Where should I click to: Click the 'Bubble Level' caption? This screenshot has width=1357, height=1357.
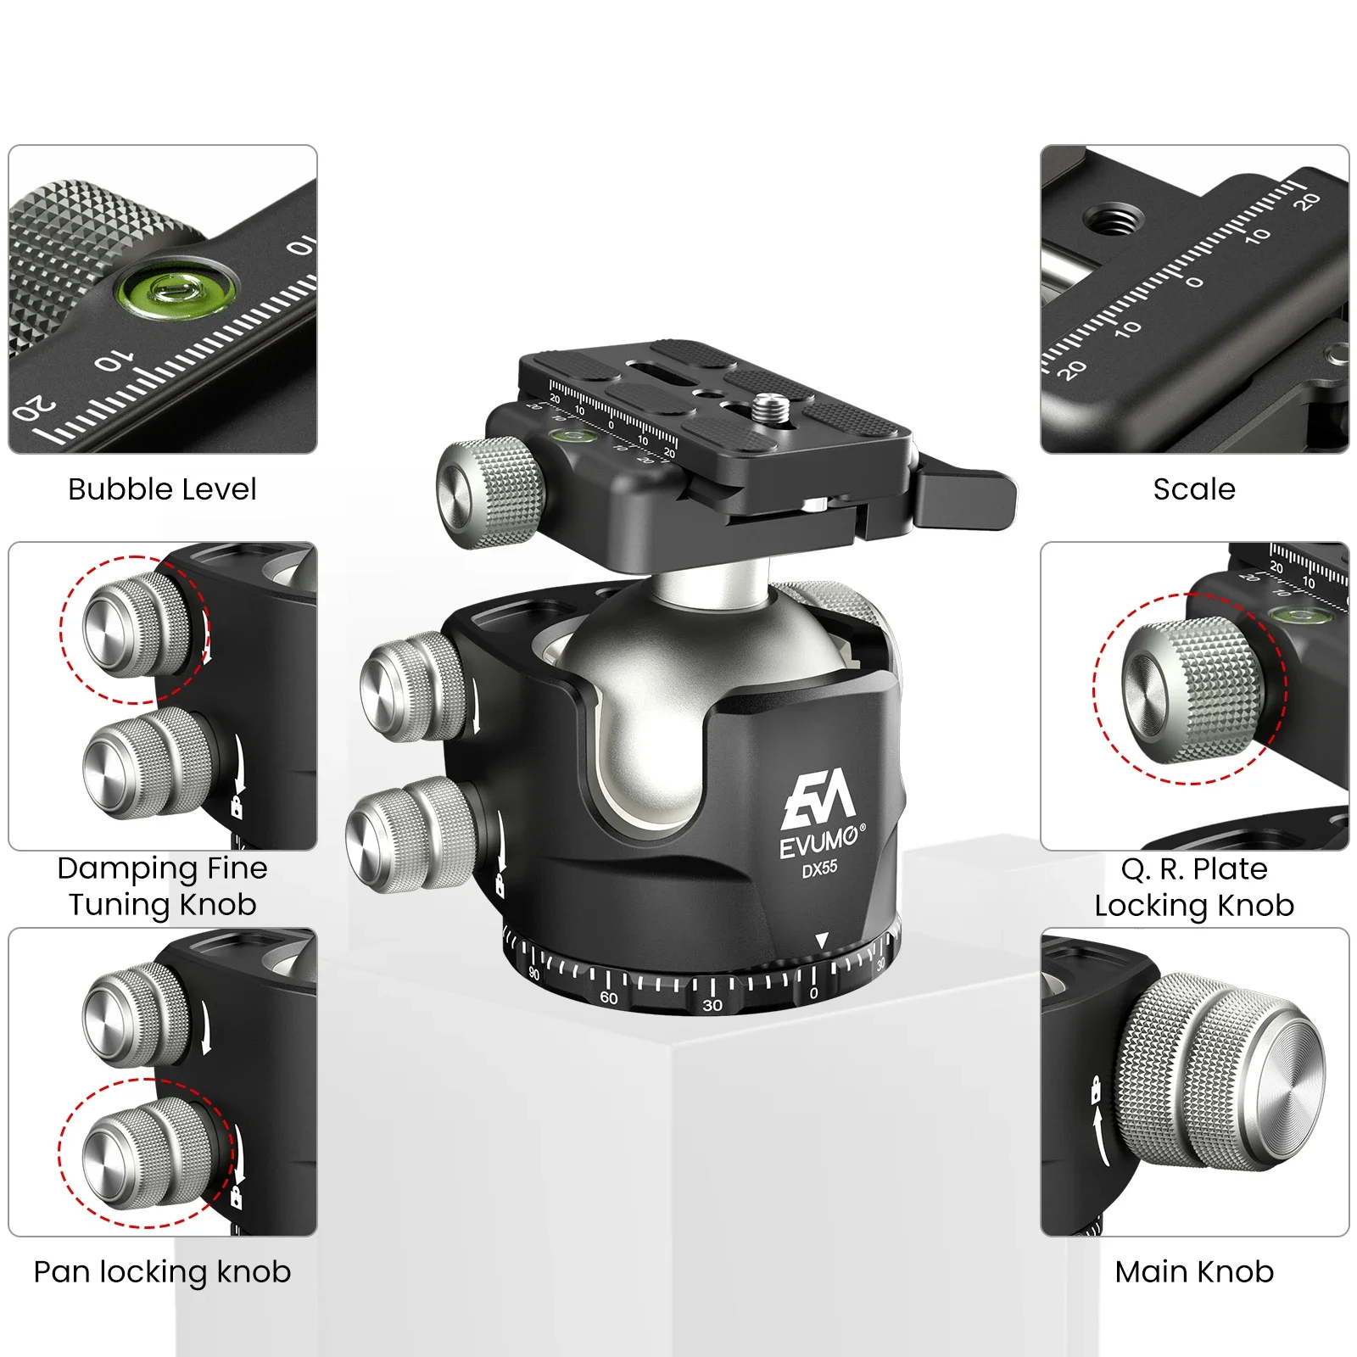[x=162, y=489]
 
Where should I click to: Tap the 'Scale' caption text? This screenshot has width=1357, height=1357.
[x=1193, y=489]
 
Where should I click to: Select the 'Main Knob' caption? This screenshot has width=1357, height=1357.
[x=1193, y=1271]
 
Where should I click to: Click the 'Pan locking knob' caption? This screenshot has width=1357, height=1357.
[x=162, y=1271]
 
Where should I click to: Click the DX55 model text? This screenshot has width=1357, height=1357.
[x=819, y=868]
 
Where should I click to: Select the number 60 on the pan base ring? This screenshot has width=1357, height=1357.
[x=609, y=997]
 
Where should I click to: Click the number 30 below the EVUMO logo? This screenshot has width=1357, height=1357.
[x=712, y=1005]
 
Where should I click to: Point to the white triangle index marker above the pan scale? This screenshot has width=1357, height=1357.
[x=821, y=941]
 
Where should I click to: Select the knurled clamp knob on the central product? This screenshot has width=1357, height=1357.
[x=490, y=492]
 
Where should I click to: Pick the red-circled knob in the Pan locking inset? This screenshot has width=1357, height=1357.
[x=144, y=1153]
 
